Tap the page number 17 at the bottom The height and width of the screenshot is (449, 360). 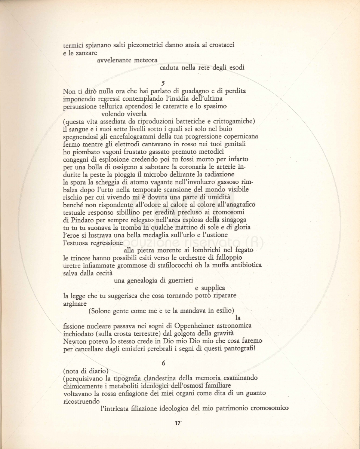click(178, 423)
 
